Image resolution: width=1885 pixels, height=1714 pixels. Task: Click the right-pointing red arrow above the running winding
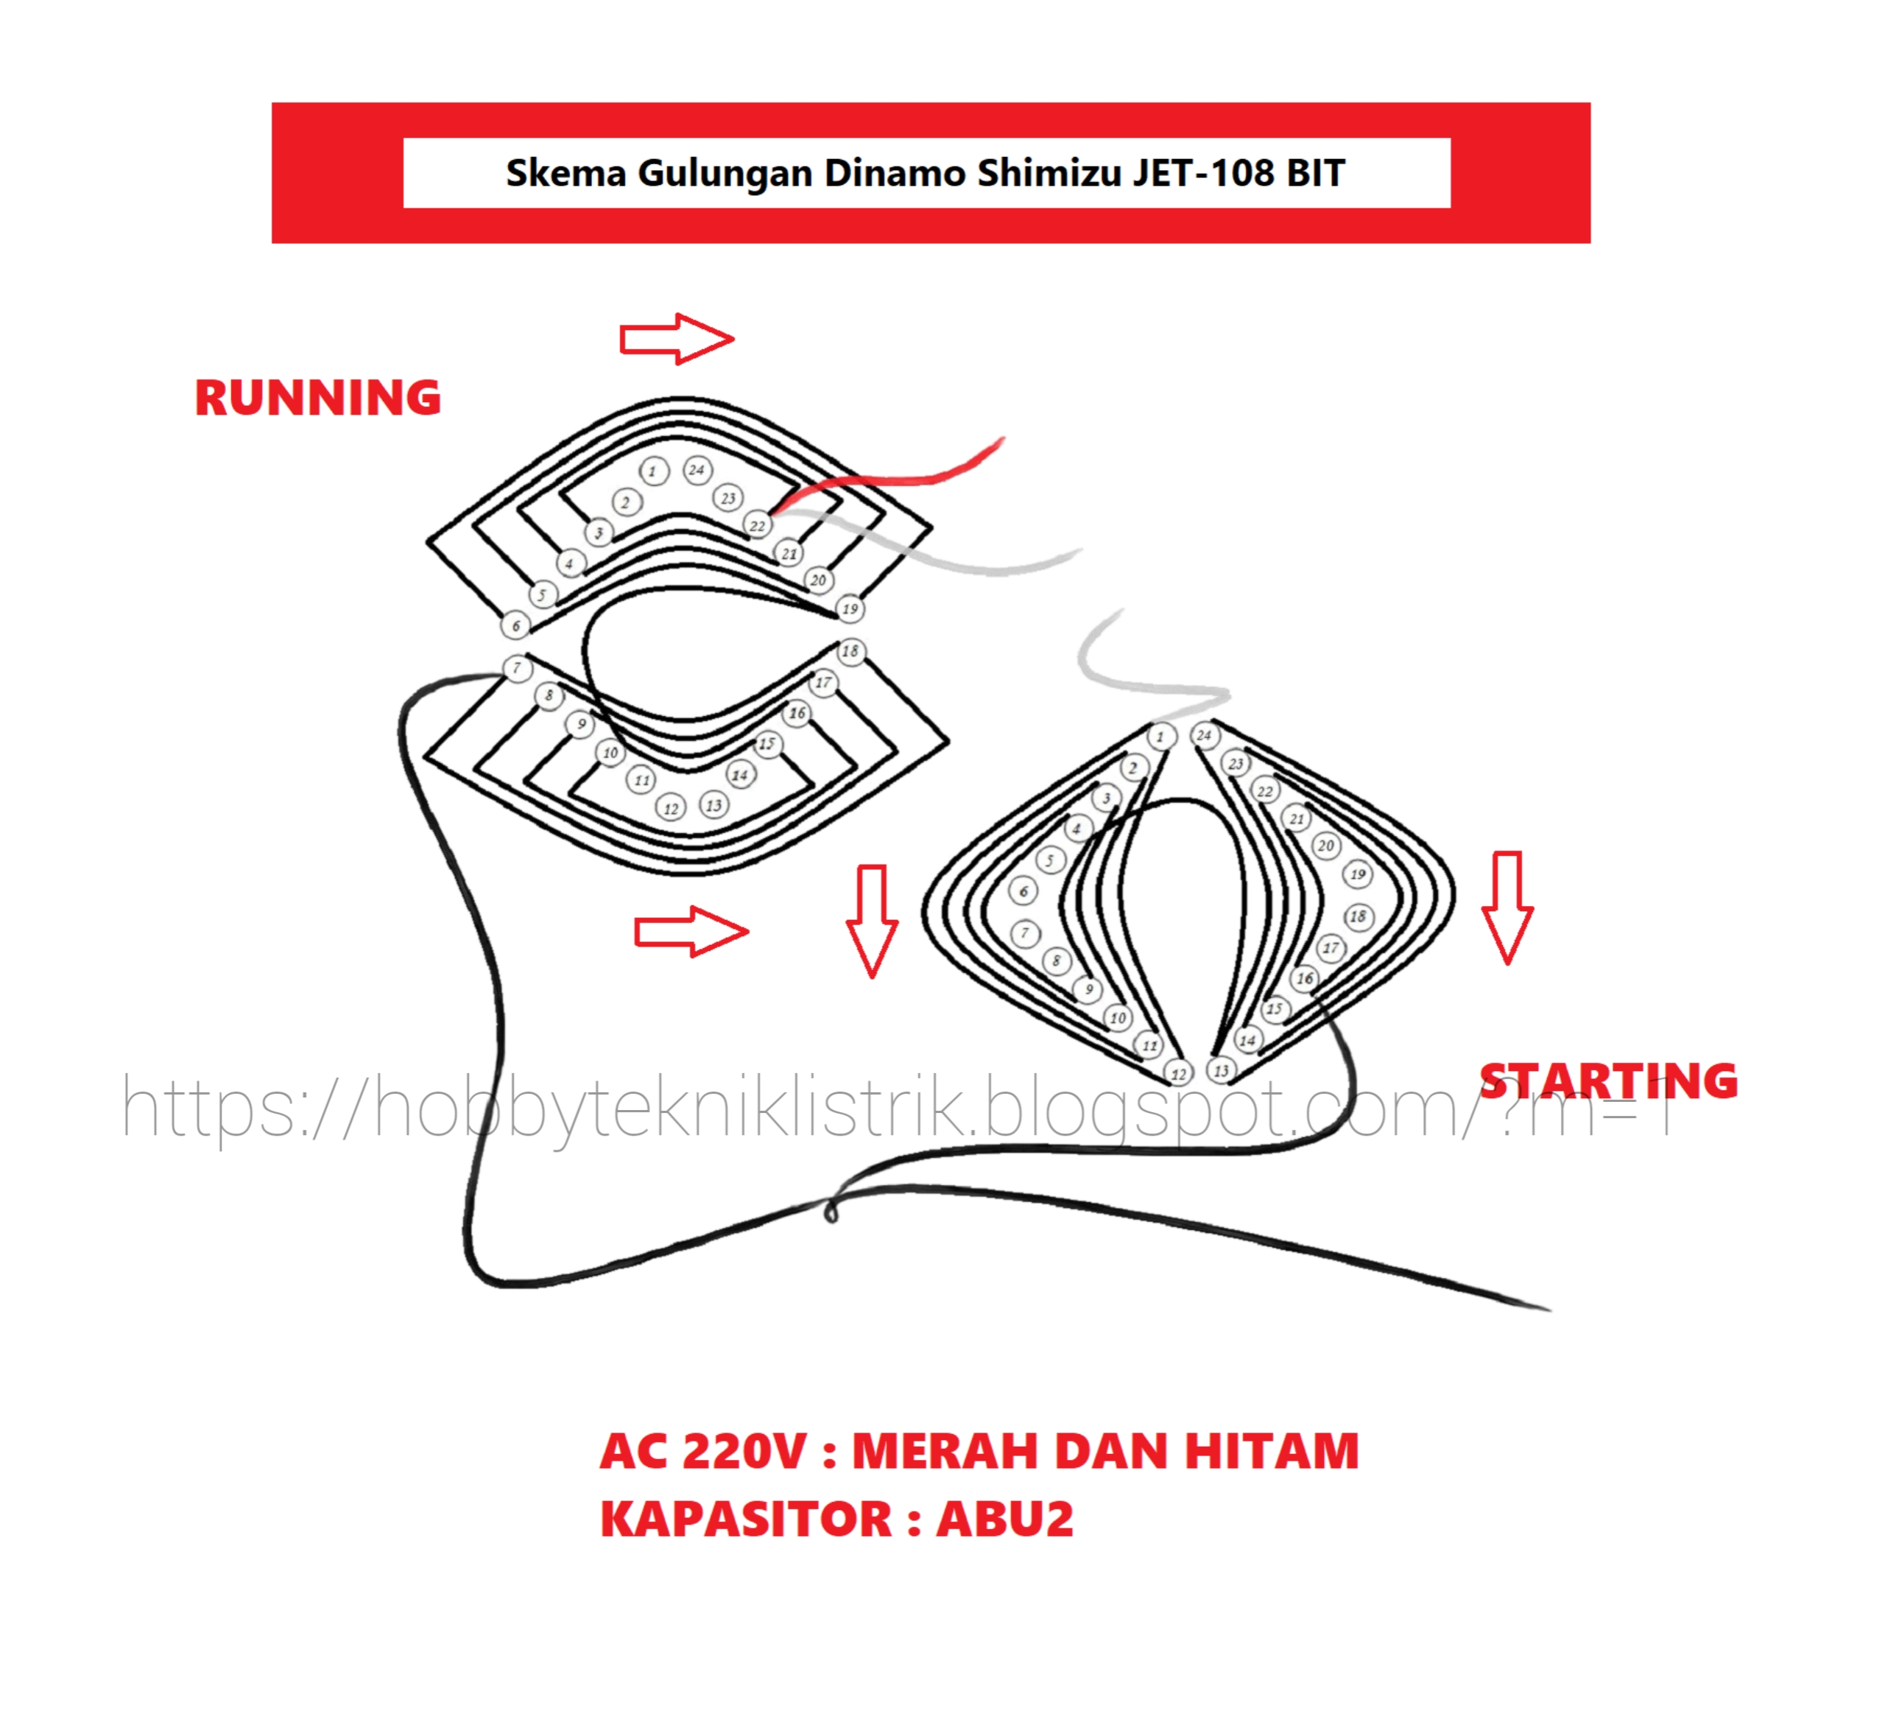677,339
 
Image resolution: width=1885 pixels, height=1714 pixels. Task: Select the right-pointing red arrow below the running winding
691,931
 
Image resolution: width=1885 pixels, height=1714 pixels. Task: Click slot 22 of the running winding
758,525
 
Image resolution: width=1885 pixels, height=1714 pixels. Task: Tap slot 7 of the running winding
517,667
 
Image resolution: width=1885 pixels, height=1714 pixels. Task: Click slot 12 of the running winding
670,808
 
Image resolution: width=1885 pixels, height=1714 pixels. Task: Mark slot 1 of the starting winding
1160,737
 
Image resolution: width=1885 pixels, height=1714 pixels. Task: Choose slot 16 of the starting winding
1304,978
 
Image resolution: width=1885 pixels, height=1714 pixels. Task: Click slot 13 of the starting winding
1221,1070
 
